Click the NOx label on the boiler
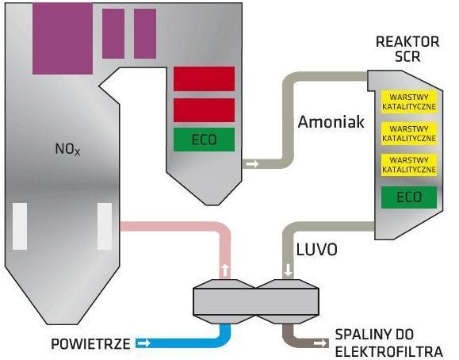(x=67, y=149)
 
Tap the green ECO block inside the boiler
(x=204, y=140)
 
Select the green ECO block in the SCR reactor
(x=409, y=197)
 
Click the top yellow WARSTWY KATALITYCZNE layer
(x=409, y=101)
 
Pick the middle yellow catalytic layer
(x=409, y=133)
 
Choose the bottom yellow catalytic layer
(x=409, y=165)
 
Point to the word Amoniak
(x=331, y=121)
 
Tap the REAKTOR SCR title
(x=407, y=49)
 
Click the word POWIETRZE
(x=90, y=344)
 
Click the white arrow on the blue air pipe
(x=143, y=343)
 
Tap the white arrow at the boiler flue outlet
(x=252, y=163)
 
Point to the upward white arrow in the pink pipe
(x=225, y=270)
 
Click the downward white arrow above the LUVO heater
(x=289, y=270)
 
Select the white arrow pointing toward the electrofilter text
(x=320, y=343)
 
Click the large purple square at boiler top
(x=63, y=38)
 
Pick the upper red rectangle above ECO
(x=204, y=79)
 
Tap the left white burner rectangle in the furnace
(x=20, y=227)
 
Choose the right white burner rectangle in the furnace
(x=105, y=227)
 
